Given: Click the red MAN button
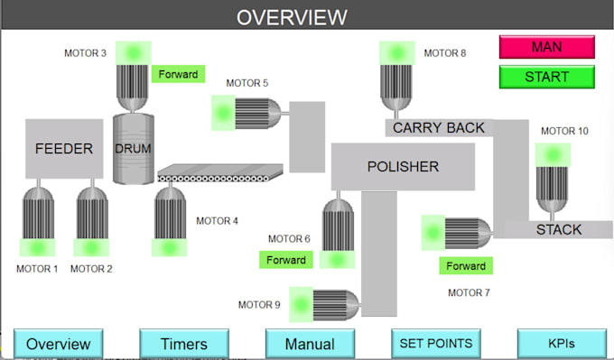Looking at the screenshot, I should click(x=546, y=47).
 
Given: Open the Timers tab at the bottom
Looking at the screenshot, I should click(x=184, y=344).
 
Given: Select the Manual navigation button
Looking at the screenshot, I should click(x=310, y=344).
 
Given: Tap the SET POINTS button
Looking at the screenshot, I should click(x=435, y=343).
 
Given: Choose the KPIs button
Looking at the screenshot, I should click(x=561, y=344).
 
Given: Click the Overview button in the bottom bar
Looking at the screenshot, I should click(x=58, y=344).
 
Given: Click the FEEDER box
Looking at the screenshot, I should click(x=64, y=149).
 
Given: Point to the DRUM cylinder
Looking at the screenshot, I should click(x=133, y=149).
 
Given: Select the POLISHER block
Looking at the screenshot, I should click(x=403, y=166).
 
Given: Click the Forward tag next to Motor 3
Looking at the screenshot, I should click(x=178, y=74).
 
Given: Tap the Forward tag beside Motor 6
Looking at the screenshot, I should click(x=284, y=260).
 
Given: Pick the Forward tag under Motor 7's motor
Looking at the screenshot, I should click(x=466, y=266).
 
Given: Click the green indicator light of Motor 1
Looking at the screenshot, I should click(x=37, y=247).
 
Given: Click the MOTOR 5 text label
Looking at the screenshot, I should click(x=247, y=83).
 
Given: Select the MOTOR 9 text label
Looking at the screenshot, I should click(x=259, y=305).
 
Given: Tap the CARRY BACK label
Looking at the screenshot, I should click(x=439, y=128).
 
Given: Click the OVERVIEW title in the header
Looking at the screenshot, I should click(x=291, y=16).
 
